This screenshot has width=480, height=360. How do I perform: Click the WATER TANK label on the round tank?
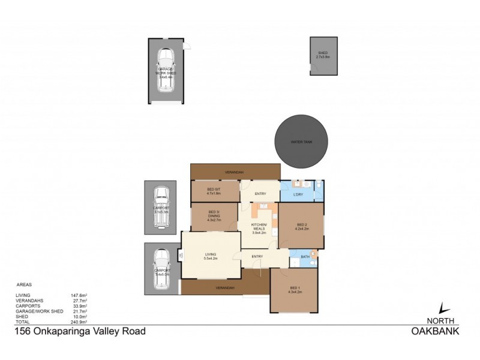coord(301,142)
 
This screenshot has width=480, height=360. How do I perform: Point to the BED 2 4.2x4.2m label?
coord(301,227)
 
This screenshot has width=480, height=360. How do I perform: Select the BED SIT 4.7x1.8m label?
coord(214,192)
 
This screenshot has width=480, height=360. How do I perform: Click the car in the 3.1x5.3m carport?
coord(160,208)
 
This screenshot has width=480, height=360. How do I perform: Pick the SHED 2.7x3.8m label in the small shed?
coord(324,55)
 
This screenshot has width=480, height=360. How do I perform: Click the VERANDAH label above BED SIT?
coord(234,172)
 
